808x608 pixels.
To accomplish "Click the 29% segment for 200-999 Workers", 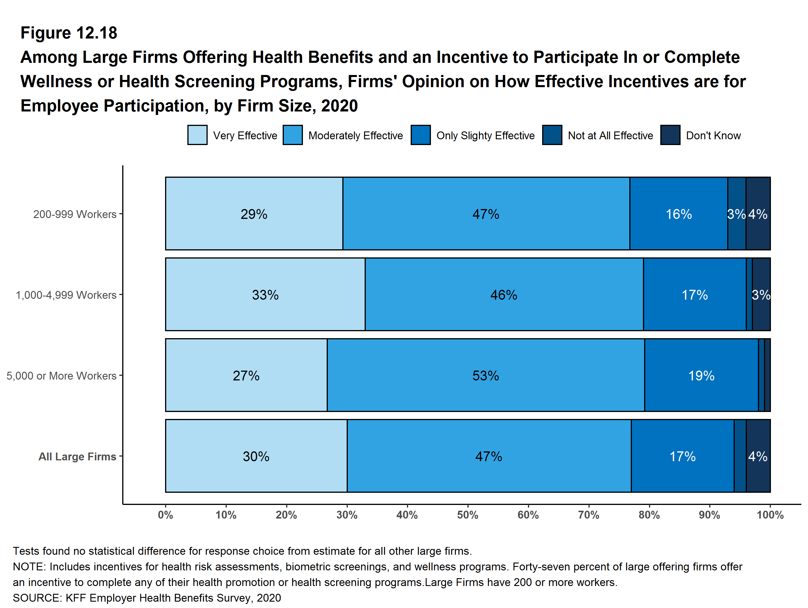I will pyautogui.click(x=254, y=214).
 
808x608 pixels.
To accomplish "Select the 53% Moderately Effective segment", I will pyautogui.click(x=485, y=376).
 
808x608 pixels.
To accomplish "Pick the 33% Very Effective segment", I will pyautogui.click(x=265, y=294).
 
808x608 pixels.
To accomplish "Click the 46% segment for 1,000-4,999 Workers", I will pyautogui.click(x=504, y=294).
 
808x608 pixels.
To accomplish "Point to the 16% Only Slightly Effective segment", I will pyautogui.click(x=678, y=214).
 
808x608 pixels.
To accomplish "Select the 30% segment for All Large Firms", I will pyautogui.click(x=256, y=456).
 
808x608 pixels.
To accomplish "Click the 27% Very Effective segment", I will pyautogui.click(x=246, y=376).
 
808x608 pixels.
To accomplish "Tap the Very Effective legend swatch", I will pyautogui.click(x=197, y=135).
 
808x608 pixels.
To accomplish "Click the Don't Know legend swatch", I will pyautogui.click(x=670, y=135).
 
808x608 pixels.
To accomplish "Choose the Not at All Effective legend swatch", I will pyautogui.click(x=552, y=135).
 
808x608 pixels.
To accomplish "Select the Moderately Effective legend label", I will pyautogui.click(x=355, y=135).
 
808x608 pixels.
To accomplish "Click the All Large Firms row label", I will pyautogui.click(x=77, y=457).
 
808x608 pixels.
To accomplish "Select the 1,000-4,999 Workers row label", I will pyautogui.click(x=66, y=295).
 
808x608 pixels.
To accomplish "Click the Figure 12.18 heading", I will pyautogui.click(x=69, y=33).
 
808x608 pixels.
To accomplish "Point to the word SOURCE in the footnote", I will pyautogui.click(x=36, y=598).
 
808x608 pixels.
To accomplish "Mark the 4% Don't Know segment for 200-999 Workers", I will pyautogui.click(x=758, y=214).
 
